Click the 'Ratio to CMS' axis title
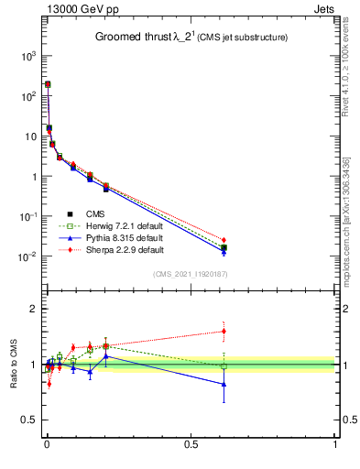tap(14, 363)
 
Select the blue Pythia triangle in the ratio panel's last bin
tap(224, 384)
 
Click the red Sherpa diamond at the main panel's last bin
tap(224, 240)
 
